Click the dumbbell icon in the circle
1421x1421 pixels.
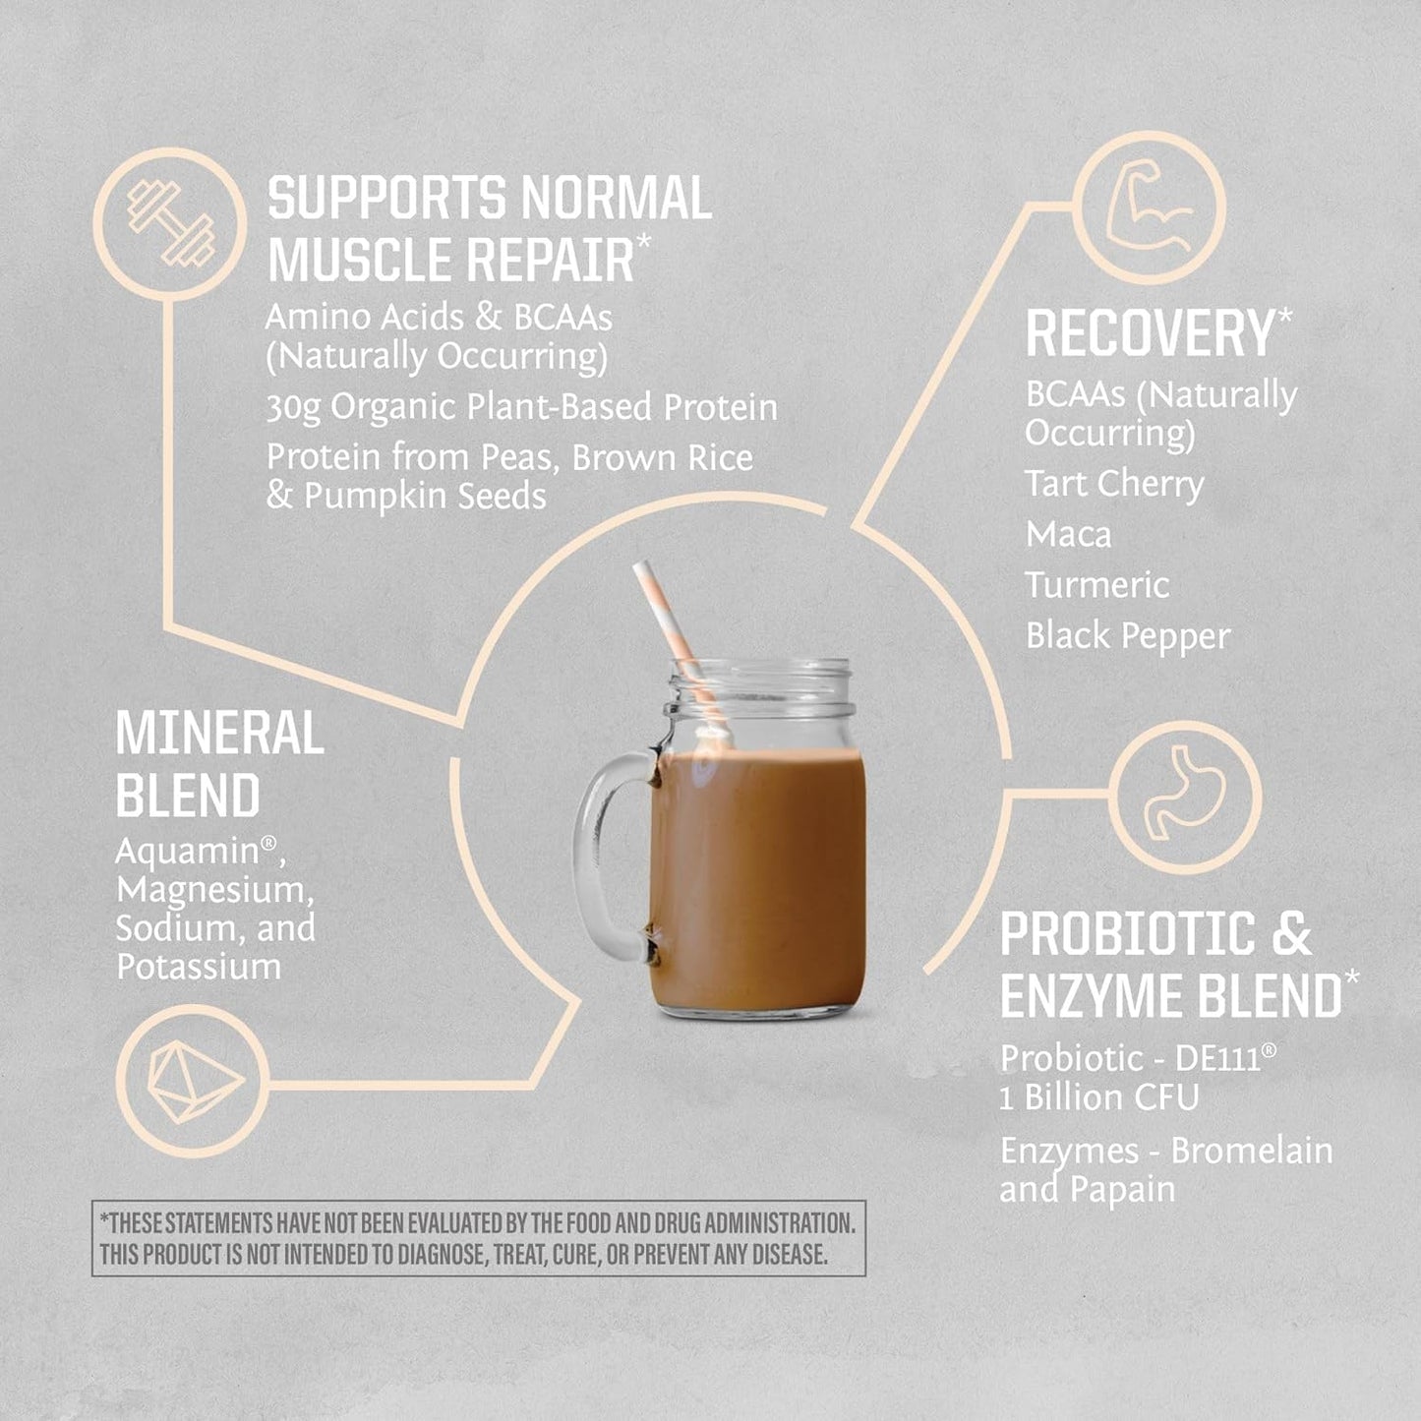point(170,223)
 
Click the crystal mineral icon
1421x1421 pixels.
point(194,1081)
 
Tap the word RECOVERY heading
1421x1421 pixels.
point(1150,333)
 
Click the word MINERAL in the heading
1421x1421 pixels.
point(219,733)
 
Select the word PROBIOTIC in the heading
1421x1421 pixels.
point(1127,933)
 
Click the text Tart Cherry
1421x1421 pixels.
point(1113,484)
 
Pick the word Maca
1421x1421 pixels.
point(1068,535)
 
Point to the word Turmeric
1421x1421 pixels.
point(1096,585)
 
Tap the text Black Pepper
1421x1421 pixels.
point(1127,636)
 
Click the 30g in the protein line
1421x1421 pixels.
point(293,408)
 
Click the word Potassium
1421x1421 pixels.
point(199,967)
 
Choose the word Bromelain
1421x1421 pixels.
point(1251,1151)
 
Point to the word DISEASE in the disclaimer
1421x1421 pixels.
point(788,1255)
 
